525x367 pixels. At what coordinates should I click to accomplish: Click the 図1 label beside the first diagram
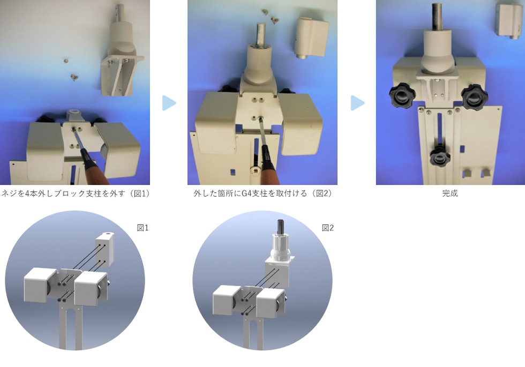tap(142, 228)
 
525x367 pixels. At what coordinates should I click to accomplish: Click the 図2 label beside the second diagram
tap(328, 228)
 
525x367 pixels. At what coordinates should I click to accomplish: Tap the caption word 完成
tap(450, 193)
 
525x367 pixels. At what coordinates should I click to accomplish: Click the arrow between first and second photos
tap(169, 103)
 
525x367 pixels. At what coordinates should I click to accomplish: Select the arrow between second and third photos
tap(358, 103)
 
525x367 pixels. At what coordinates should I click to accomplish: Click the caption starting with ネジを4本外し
tap(76, 193)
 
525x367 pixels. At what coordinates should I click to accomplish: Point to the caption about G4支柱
tap(262, 193)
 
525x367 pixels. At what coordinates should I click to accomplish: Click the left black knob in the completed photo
tap(402, 96)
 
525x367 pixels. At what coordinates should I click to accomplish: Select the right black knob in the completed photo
tap(475, 96)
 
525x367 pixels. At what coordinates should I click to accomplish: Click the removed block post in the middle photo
tap(311, 38)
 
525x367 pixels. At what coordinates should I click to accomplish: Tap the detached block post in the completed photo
tap(508, 20)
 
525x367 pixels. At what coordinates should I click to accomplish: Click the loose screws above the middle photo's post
tap(271, 17)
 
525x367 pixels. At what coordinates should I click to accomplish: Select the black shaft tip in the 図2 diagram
tap(281, 226)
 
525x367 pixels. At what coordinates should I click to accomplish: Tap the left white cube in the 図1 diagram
tap(40, 285)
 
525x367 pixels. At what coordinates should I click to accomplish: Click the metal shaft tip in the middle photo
tap(262, 33)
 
